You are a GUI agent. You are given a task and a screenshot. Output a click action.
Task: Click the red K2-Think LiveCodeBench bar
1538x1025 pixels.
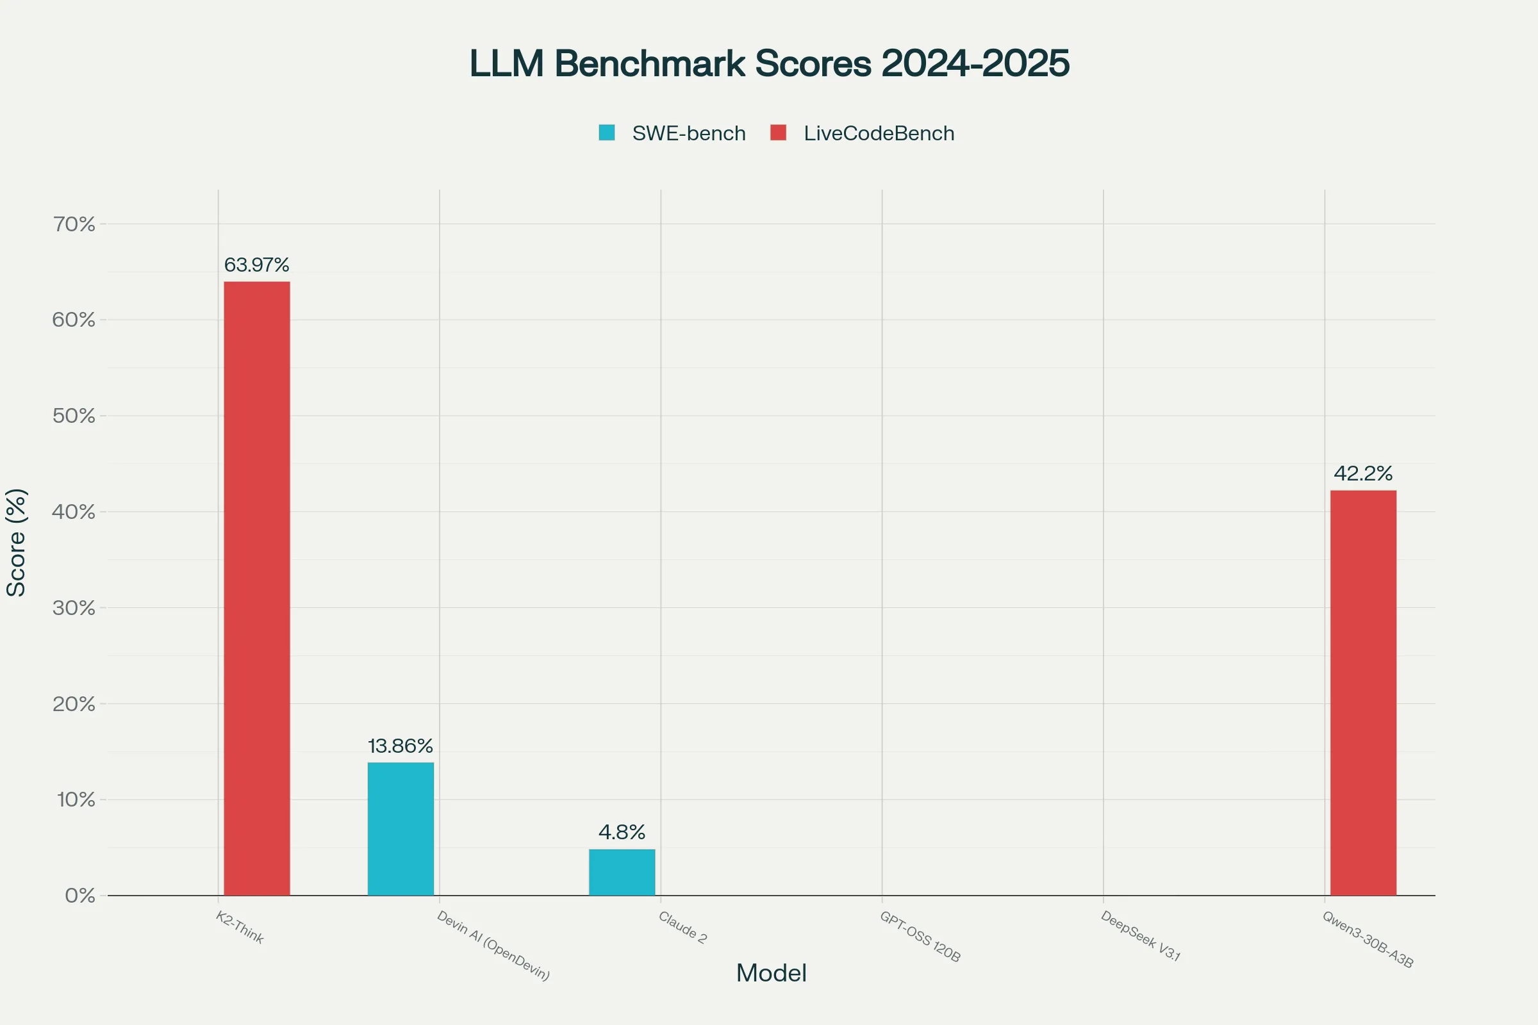point(257,588)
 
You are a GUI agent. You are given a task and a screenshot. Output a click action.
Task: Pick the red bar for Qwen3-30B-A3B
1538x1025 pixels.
point(1364,693)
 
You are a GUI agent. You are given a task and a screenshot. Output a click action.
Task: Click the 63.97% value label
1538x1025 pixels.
point(256,265)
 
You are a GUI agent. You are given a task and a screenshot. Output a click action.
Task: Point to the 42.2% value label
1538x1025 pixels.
point(1364,473)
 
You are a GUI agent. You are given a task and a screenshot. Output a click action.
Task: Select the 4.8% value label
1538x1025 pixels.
point(622,832)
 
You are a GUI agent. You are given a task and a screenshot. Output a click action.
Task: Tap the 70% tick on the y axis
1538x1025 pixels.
point(74,224)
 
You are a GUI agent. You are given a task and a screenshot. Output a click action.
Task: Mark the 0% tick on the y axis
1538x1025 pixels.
point(79,896)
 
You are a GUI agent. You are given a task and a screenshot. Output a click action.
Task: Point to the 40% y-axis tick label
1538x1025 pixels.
point(74,512)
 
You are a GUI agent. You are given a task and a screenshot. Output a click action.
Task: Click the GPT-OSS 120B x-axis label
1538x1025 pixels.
point(920,937)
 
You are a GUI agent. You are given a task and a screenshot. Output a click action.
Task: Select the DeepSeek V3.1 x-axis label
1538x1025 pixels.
point(1141,936)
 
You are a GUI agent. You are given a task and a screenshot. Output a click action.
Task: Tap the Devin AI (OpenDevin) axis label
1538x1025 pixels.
point(493,946)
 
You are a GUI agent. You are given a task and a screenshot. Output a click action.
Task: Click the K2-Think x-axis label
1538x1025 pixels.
point(240,928)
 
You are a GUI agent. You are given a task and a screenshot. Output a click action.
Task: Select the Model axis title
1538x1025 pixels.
point(771,973)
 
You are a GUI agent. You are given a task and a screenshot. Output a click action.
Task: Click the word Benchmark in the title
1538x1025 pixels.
point(650,63)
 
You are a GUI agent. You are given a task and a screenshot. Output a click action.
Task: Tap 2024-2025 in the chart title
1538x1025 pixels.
point(975,63)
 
